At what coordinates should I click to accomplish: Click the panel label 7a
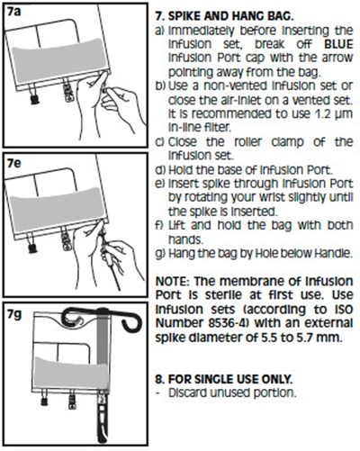(x=14, y=14)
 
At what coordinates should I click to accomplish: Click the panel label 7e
(x=14, y=163)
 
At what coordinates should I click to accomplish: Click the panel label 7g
(x=14, y=315)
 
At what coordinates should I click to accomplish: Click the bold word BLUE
(x=338, y=44)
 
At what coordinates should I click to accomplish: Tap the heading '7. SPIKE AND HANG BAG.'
(x=224, y=16)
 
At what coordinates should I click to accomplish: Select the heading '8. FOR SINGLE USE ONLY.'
(x=224, y=379)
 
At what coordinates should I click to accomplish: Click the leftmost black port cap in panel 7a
(x=35, y=98)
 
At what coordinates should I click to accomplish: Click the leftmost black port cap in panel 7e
(x=32, y=248)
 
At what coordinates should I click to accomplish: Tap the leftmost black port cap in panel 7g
(x=44, y=401)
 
